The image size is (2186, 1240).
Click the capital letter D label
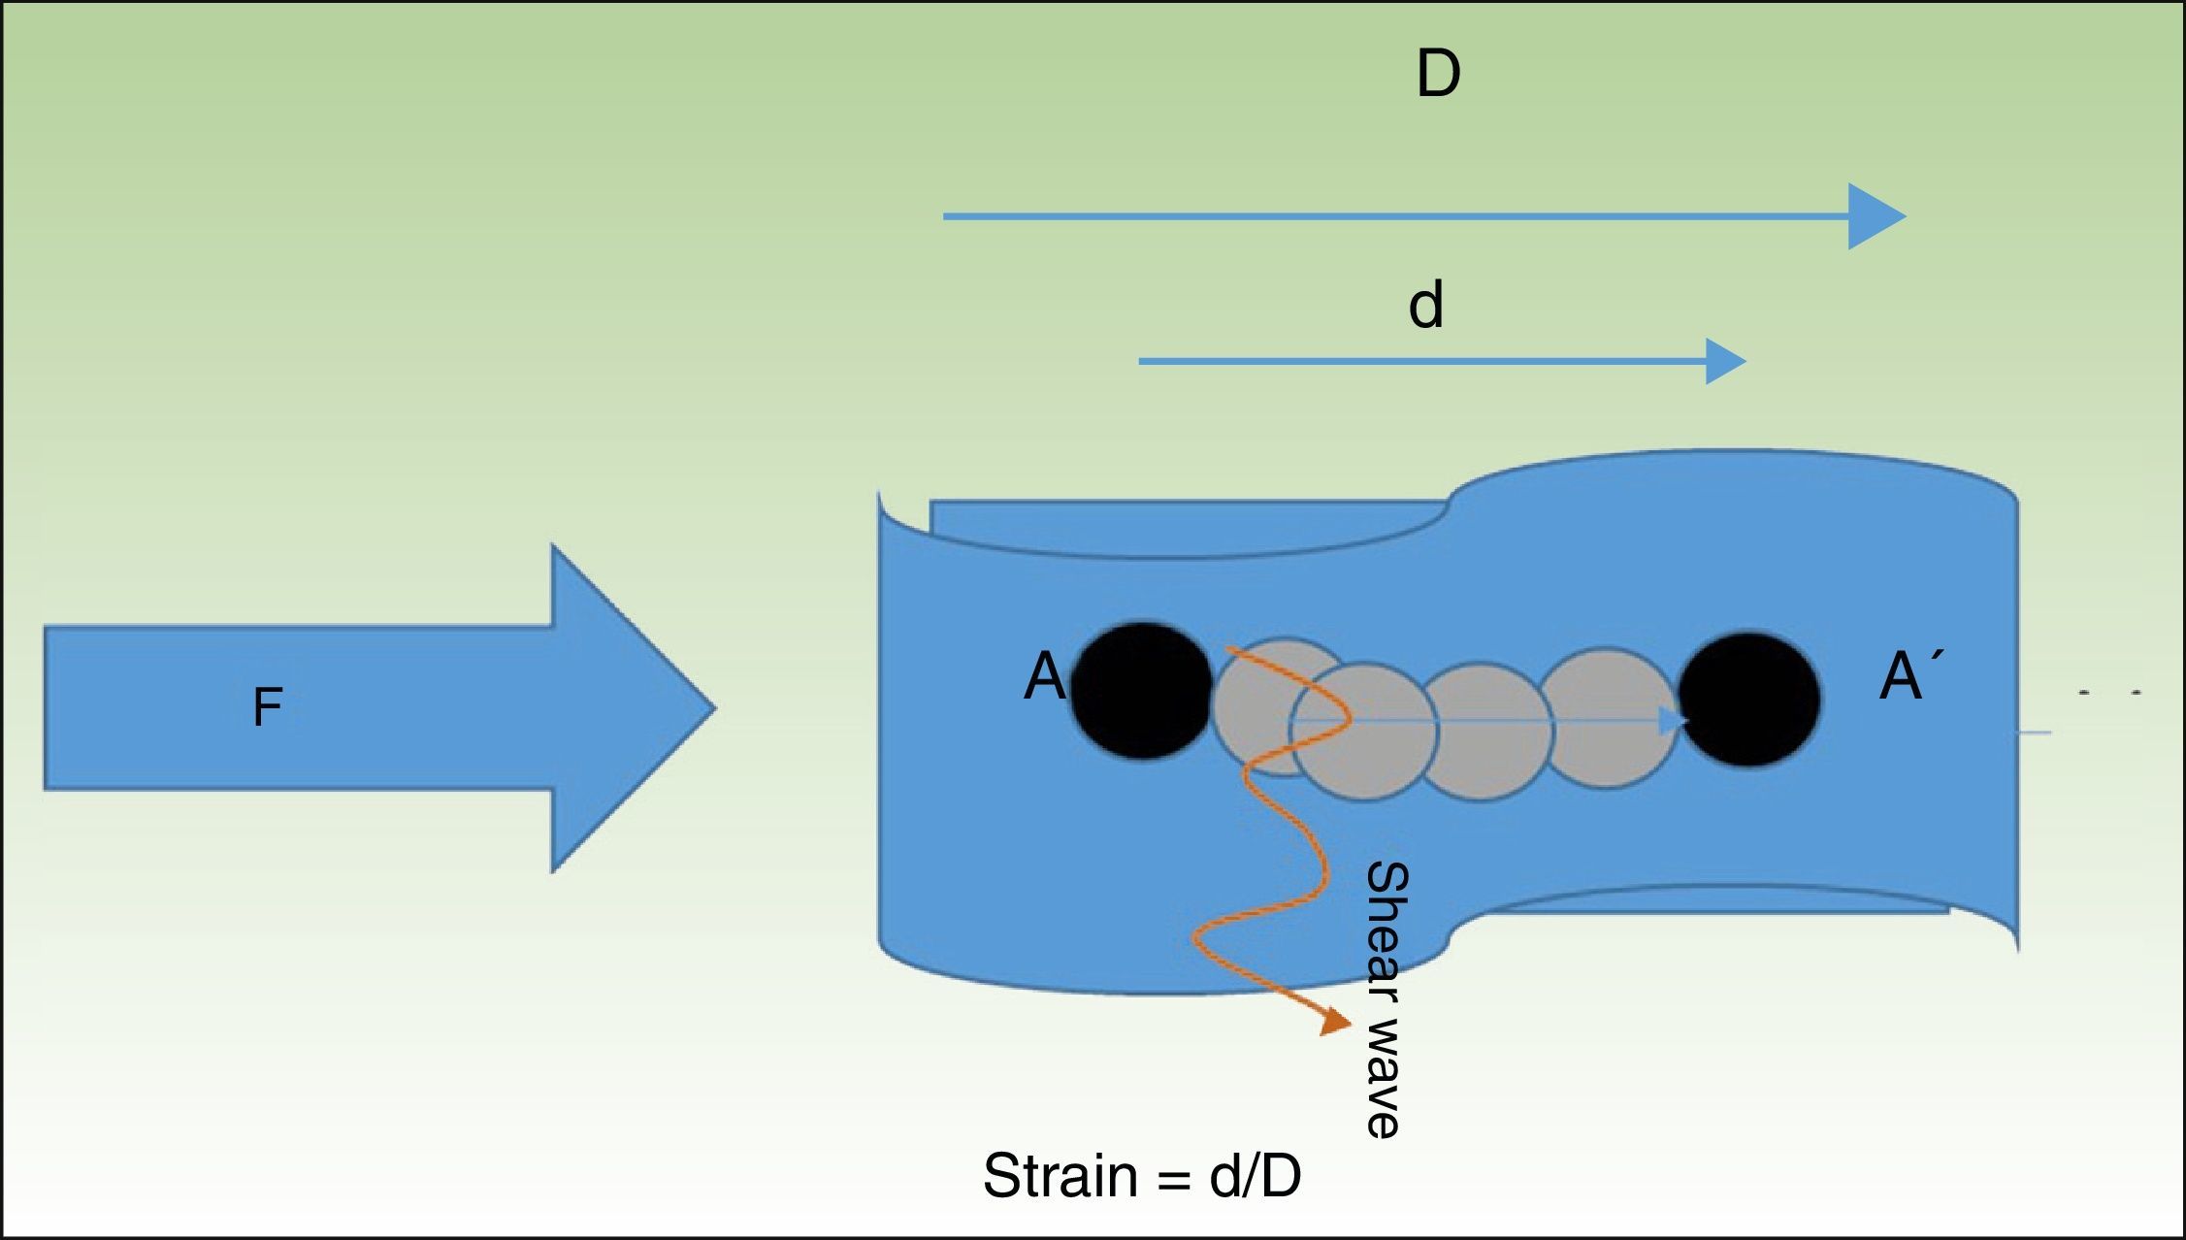pyautogui.click(x=1438, y=75)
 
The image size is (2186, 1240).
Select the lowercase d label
pyautogui.click(x=1425, y=306)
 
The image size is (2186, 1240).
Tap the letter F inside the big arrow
pyautogui.click(x=267, y=707)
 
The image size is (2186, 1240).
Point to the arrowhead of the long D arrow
pyautogui.click(x=1877, y=216)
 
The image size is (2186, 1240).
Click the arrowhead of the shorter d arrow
pyautogui.click(x=1726, y=362)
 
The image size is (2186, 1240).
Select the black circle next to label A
pyautogui.click(x=1142, y=690)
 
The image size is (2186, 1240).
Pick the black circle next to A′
pyautogui.click(x=1749, y=700)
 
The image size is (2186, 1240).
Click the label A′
pyautogui.click(x=1905, y=675)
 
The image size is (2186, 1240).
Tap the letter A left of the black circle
pyautogui.click(x=1044, y=676)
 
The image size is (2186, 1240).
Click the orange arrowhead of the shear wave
pyautogui.click(x=1337, y=1023)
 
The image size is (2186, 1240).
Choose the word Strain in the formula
pyautogui.click(x=1060, y=1176)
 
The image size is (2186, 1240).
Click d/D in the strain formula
pyautogui.click(x=1255, y=1176)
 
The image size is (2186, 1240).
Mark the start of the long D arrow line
pyautogui.click(x=946, y=216)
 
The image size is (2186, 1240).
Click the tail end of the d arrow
pyautogui.click(x=1141, y=362)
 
